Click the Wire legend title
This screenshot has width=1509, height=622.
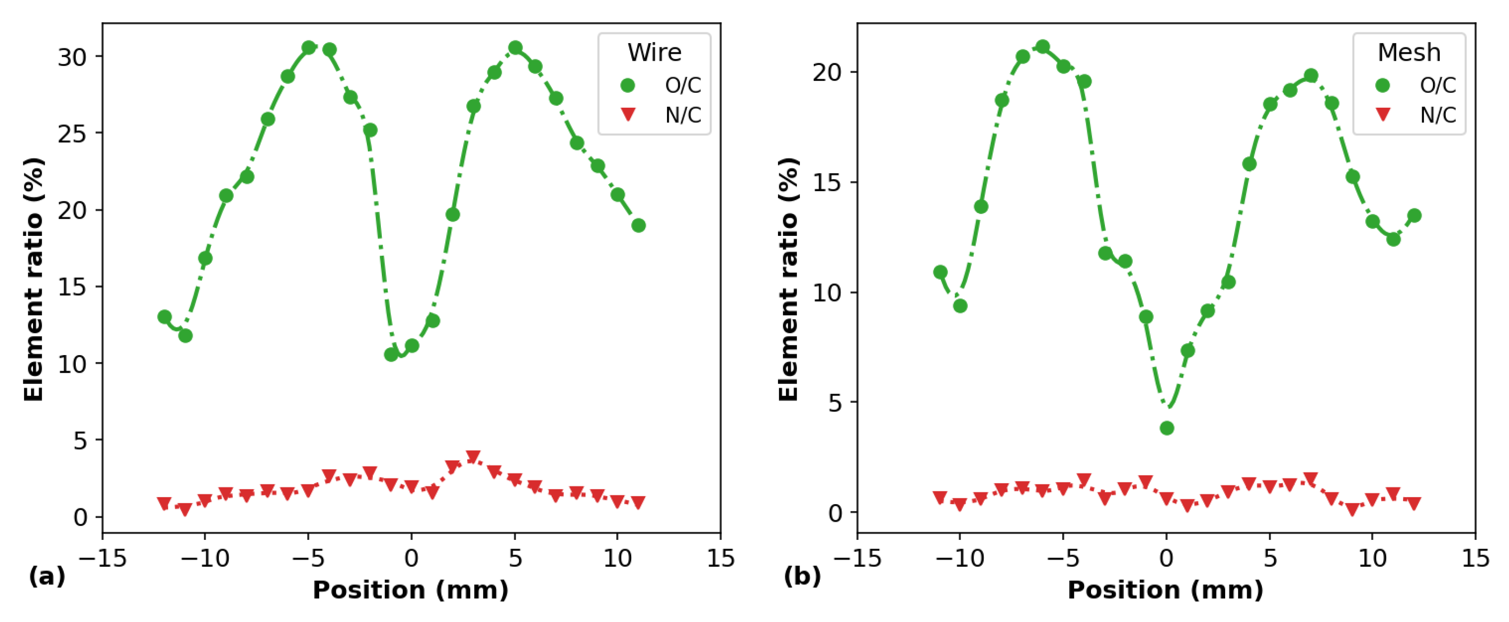654,53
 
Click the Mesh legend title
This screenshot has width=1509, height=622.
1408,53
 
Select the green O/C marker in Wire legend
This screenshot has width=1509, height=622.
627,85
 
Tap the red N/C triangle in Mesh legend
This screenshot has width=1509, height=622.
1383,114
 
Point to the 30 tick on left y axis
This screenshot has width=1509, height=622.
72,57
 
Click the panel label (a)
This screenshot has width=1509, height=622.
46,577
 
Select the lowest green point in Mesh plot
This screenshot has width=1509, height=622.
1166,428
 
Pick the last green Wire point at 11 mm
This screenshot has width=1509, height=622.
639,226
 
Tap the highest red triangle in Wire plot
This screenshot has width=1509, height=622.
473,457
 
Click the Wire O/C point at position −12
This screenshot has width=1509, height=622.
164,317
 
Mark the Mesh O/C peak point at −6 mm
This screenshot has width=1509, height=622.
1043,47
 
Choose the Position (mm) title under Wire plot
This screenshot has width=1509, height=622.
411,590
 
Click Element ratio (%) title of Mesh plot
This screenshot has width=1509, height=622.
789,279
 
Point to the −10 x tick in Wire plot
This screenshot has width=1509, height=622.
204,558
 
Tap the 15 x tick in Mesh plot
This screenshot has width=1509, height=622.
1475,558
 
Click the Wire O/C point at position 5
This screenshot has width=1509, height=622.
515,48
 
